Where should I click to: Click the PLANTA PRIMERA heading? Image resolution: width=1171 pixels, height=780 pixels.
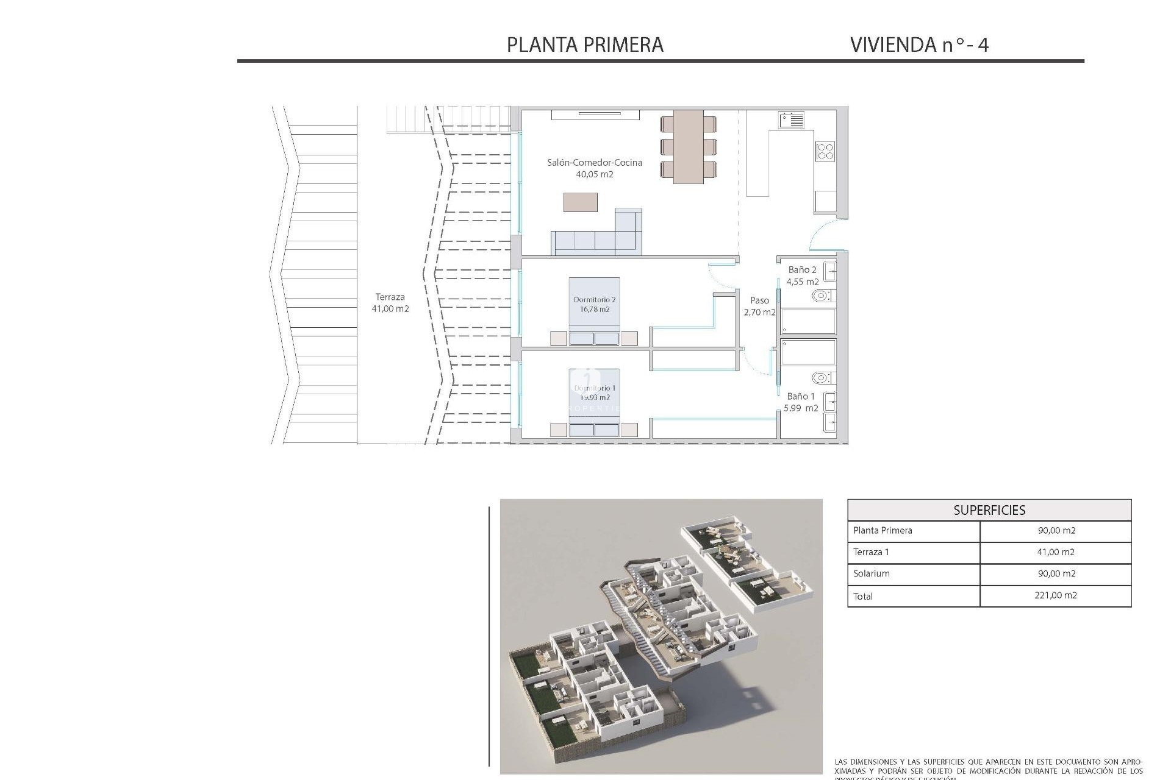pyautogui.click(x=585, y=44)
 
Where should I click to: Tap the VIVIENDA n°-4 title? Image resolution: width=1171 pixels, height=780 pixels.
pyautogui.click(x=919, y=44)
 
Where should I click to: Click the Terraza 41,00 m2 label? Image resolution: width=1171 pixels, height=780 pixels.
pyautogui.click(x=390, y=303)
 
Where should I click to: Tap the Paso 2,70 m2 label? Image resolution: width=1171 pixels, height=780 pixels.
pyautogui.click(x=759, y=306)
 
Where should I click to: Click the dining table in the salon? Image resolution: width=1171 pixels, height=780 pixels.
pyautogui.click(x=688, y=147)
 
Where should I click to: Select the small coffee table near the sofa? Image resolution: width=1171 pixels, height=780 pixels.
pyautogui.click(x=580, y=202)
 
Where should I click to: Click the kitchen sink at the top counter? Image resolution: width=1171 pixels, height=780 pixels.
pyautogui.click(x=791, y=119)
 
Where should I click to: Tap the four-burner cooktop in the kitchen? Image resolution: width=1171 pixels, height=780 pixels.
pyautogui.click(x=825, y=151)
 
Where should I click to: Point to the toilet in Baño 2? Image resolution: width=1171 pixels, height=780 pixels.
pyautogui.click(x=822, y=296)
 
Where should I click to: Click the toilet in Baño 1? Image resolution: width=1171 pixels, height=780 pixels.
pyautogui.click(x=822, y=378)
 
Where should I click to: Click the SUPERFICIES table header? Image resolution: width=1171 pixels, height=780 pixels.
pyautogui.click(x=989, y=510)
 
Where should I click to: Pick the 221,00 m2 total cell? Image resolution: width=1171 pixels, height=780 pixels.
pyautogui.click(x=1056, y=595)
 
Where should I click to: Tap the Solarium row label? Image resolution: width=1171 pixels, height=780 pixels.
pyautogui.click(x=872, y=573)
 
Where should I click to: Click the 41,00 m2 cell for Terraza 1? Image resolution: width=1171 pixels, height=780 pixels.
pyautogui.click(x=1056, y=552)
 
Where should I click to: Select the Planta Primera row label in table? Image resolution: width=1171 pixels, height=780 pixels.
pyautogui.click(x=883, y=530)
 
